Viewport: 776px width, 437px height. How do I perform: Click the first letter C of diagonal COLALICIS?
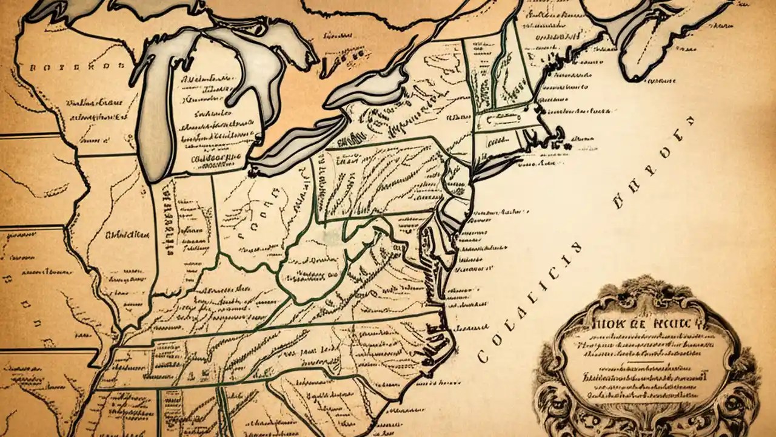483,356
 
